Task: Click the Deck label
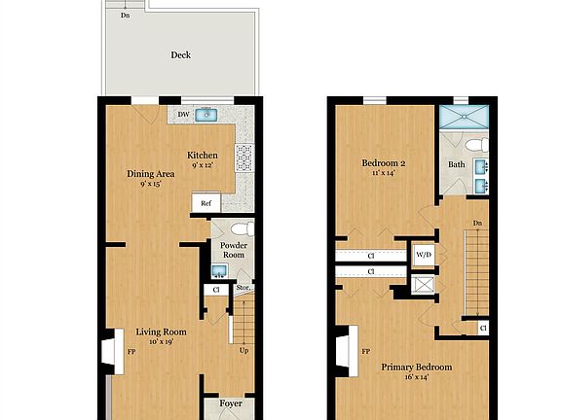click(180, 55)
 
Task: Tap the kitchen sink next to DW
click(205, 115)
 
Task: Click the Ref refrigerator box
click(205, 203)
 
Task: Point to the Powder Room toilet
click(245, 229)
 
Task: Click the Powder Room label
click(232, 251)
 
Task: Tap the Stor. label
click(243, 288)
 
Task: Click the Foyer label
click(231, 403)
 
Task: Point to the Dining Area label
click(151, 175)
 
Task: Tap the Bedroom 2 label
click(384, 162)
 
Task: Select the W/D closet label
click(424, 255)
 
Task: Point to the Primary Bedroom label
click(417, 367)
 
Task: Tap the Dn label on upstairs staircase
click(477, 224)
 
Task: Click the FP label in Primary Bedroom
click(366, 351)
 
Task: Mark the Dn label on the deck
click(125, 16)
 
